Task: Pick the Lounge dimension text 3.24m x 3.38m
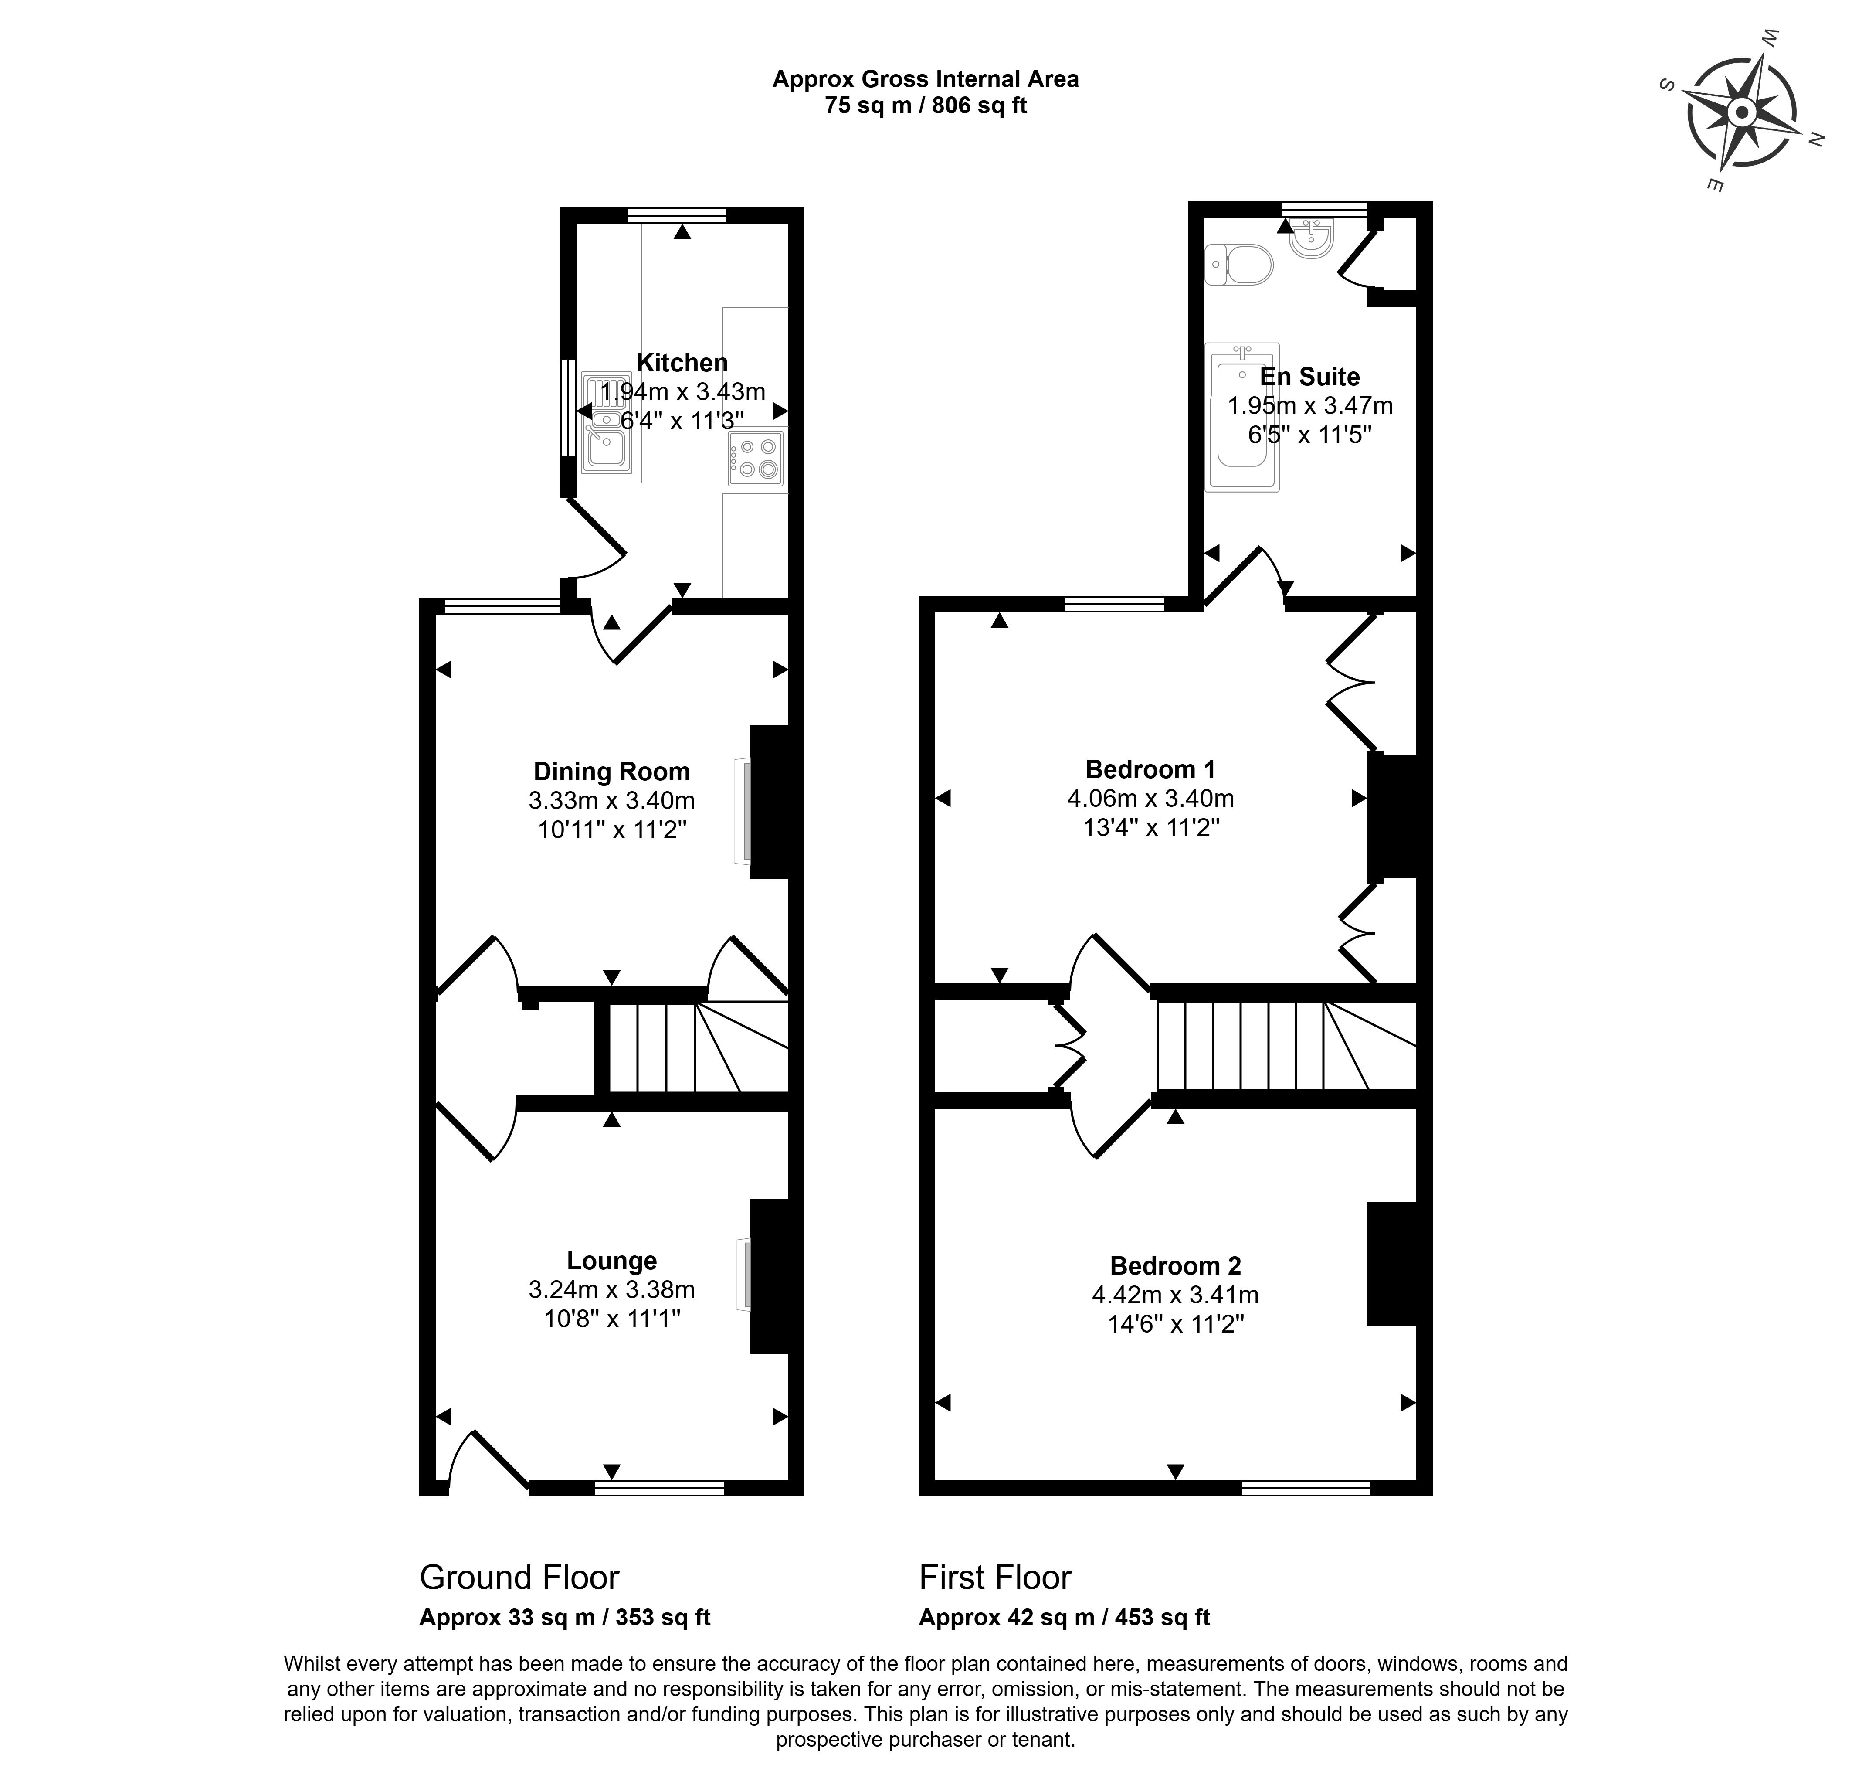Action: coord(611,1289)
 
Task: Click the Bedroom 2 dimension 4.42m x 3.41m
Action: coord(1174,1295)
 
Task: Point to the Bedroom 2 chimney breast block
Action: coord(1392,1262)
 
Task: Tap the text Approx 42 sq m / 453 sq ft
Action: coord(1064,1617)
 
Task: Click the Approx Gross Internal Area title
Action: coord(925,79)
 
